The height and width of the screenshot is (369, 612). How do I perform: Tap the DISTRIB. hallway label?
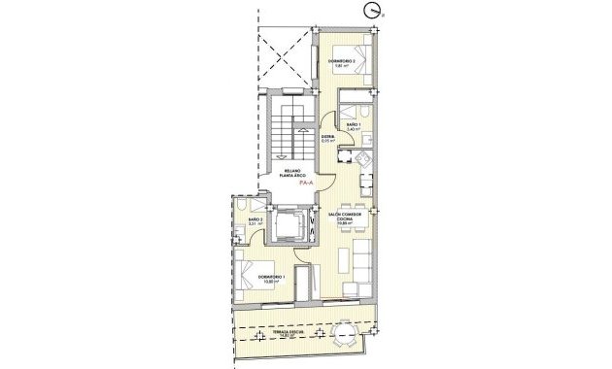coord(328,139)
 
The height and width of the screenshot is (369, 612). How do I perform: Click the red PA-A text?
coord(305,182)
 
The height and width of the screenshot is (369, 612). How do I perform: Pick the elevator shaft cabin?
coord(290,226)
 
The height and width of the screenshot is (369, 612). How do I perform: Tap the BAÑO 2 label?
coord(255,222)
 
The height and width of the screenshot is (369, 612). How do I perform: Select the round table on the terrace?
coord(344,335)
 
